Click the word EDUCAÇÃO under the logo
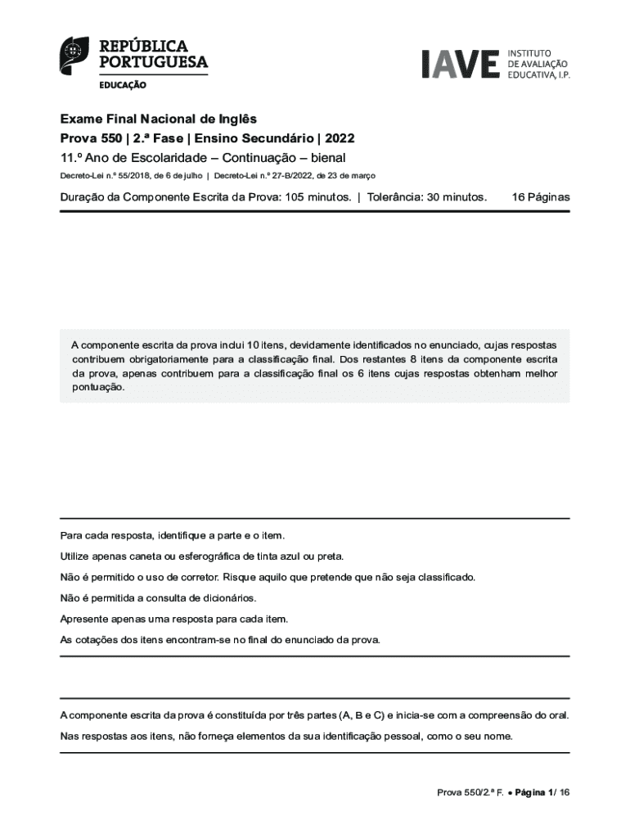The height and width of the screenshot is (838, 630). (x=124, y=84)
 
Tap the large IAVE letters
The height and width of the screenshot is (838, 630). (x=460, y=64)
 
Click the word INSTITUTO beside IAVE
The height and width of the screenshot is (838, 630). (x=530, y=52)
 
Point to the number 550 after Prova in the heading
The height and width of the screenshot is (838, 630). (x=109, y=138)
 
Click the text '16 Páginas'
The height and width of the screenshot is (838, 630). (x=540, y=197)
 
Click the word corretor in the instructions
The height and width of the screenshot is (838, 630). (x=194, y=577)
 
